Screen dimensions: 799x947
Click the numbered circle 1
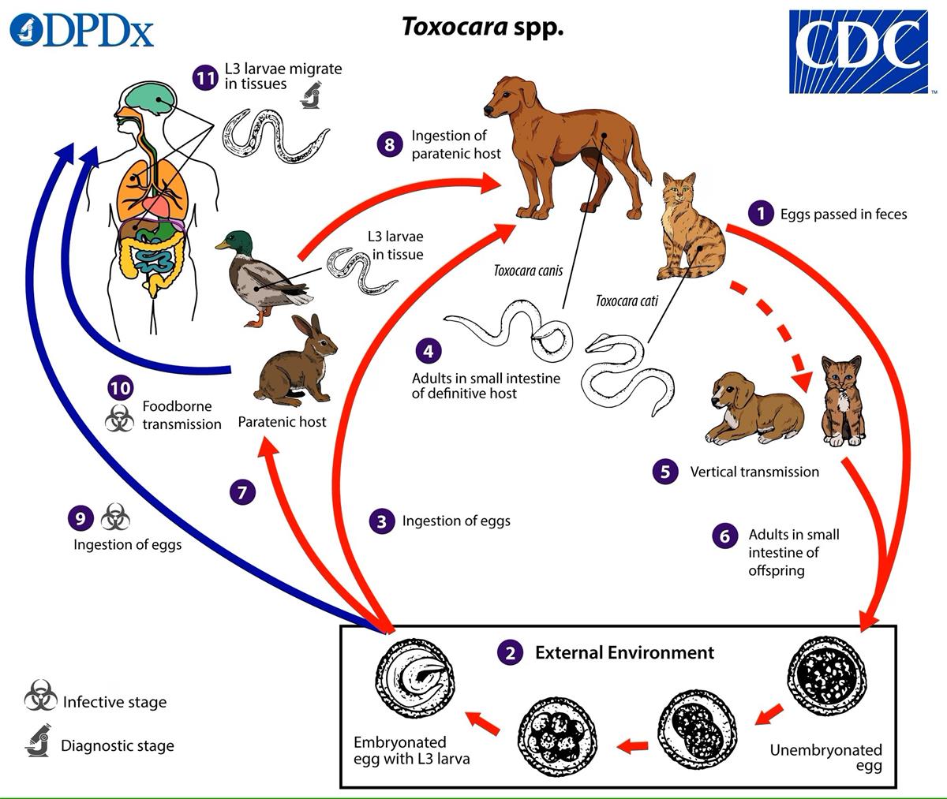click(761, 213)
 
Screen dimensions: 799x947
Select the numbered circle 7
click(242, 493)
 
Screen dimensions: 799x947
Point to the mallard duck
click(260, 276)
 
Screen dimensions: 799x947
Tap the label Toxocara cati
click(627, 301)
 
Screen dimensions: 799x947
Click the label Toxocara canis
click(528, 271)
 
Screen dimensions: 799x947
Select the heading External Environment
click(624, 652)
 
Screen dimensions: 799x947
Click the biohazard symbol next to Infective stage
click(39, 699)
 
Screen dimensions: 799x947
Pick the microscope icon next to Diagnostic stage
click(38, 741)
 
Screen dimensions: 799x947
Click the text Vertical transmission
click(754, 472)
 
